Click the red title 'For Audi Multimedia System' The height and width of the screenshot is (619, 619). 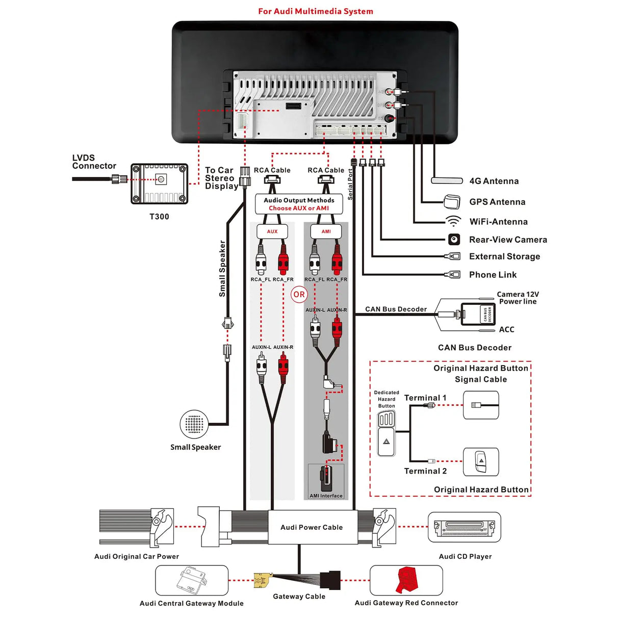315,11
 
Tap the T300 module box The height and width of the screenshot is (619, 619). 160,184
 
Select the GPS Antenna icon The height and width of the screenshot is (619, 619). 452,201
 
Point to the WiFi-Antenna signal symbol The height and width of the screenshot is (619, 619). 453,221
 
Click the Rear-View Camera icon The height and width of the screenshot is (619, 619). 454,239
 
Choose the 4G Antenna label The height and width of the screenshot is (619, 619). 494,181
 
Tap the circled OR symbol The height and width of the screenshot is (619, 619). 299,294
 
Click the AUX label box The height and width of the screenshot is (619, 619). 272,231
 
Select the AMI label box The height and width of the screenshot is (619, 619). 326,231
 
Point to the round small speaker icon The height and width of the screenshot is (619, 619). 194,424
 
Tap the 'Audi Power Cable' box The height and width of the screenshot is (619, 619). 311,527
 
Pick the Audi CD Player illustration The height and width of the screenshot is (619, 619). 465,527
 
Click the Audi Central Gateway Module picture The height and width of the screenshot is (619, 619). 192,580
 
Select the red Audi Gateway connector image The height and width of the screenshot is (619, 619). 406,580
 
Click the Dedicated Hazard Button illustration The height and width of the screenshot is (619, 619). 386,433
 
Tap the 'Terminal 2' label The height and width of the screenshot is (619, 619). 425,471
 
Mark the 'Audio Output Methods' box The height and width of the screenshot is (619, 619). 299,204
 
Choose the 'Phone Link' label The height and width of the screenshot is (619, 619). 493,275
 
